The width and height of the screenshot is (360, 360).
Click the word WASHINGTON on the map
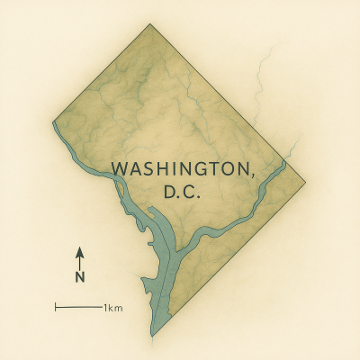(184, 169)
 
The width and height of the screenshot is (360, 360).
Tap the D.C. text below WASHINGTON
(184, 193)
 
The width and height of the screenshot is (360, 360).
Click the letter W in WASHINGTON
(118, 169)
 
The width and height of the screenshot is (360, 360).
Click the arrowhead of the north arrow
(79, 251)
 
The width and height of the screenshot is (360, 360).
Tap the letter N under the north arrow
(79, 278)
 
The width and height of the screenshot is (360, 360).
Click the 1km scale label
(113, 308)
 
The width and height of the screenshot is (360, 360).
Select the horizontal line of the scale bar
(79, 308)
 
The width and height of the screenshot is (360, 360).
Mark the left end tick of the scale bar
(56, 308)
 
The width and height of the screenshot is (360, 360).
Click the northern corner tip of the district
(149, 24)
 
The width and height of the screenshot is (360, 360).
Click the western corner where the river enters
(54, 121)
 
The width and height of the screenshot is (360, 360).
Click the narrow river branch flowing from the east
(234, 216)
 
